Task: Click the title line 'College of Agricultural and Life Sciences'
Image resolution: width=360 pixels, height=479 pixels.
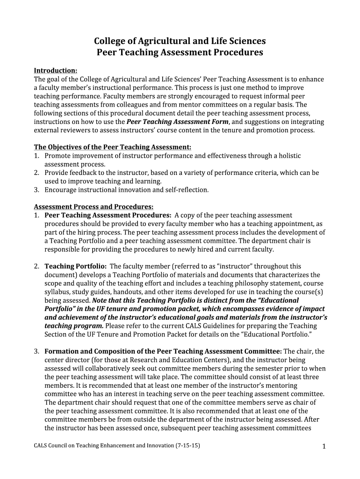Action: [x=180, y=41]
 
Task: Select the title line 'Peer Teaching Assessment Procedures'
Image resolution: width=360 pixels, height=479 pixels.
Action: [x=180, y=52]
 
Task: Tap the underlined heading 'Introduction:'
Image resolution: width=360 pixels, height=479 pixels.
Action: [x=55, y=71]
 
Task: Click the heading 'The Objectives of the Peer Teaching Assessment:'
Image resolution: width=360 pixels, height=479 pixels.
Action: [x=113, y=147]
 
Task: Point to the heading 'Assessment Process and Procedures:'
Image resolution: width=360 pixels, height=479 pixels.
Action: [x=94, y=206]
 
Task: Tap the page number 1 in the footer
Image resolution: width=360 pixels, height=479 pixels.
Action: [x=324, y=447]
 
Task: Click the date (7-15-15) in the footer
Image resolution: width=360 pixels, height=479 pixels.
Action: [x=187, y=446]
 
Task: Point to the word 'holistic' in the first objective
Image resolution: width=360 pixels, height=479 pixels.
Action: [x=289, y=156]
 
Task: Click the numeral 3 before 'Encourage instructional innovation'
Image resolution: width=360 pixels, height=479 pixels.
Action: [x=36, y=190]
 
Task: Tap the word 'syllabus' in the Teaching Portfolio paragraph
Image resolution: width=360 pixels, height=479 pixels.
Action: [x=57, y=291]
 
